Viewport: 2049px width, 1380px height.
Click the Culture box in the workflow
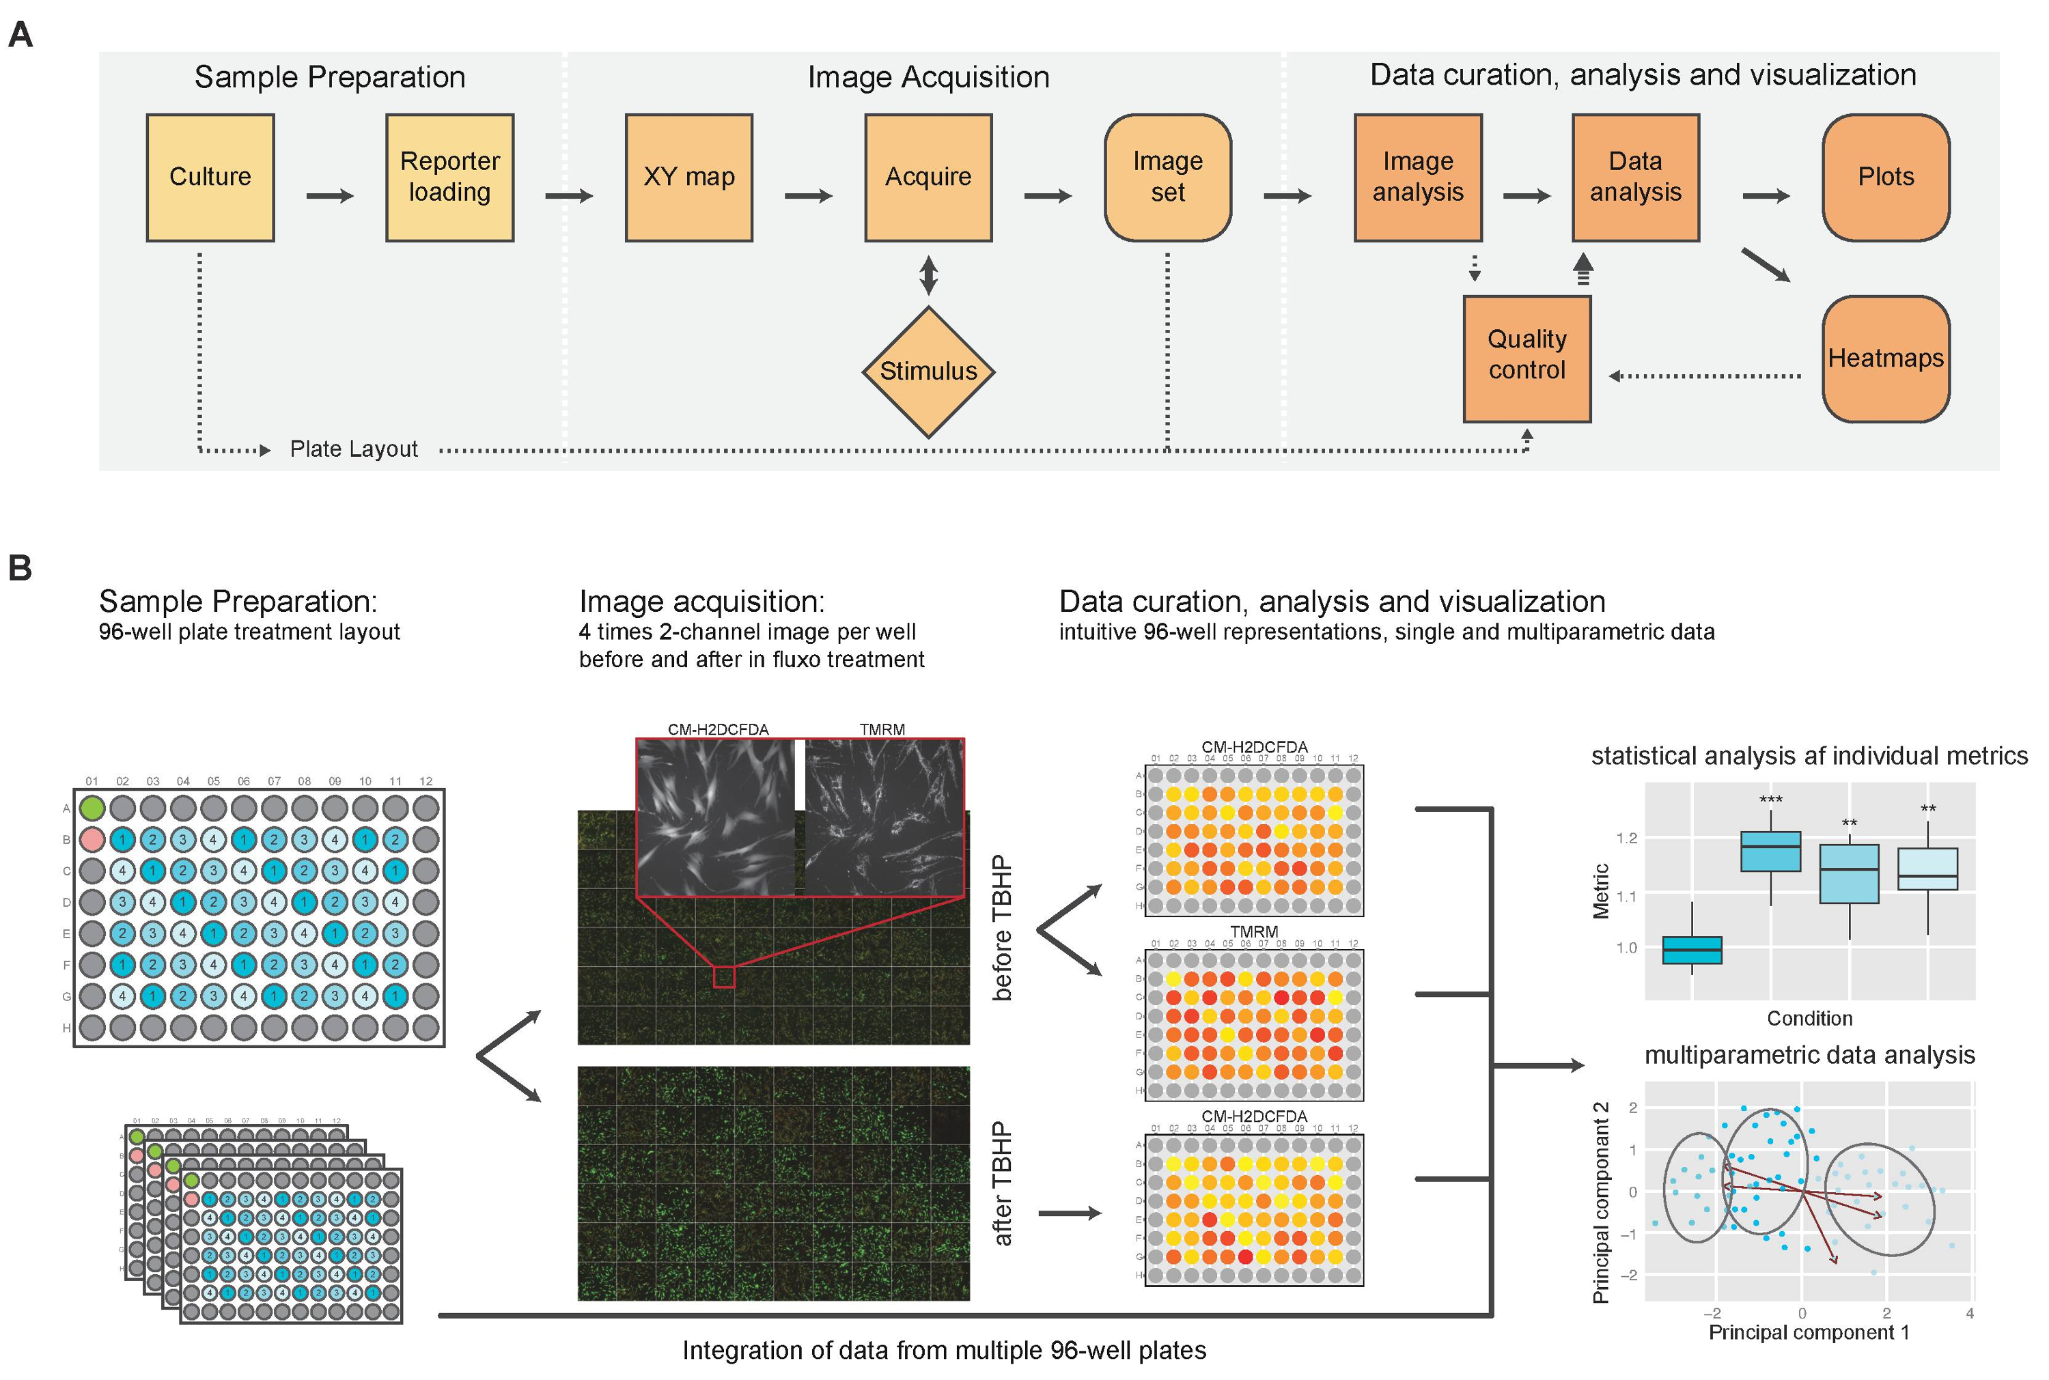210,178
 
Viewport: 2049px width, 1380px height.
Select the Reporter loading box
450,178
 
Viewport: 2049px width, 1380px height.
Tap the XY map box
689,178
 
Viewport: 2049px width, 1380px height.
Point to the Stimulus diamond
929,371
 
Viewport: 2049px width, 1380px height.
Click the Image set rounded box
1168,178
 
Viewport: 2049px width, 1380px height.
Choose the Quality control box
1527,359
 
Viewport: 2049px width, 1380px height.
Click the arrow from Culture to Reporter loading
330,196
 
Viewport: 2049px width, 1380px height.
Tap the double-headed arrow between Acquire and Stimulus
929,274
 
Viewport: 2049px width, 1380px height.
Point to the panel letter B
20,569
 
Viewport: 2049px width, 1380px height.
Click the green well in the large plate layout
92,808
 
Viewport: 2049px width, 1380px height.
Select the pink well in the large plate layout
92,839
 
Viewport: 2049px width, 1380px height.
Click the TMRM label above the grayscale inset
882,730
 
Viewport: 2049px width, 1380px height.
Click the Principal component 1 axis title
1809,1332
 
